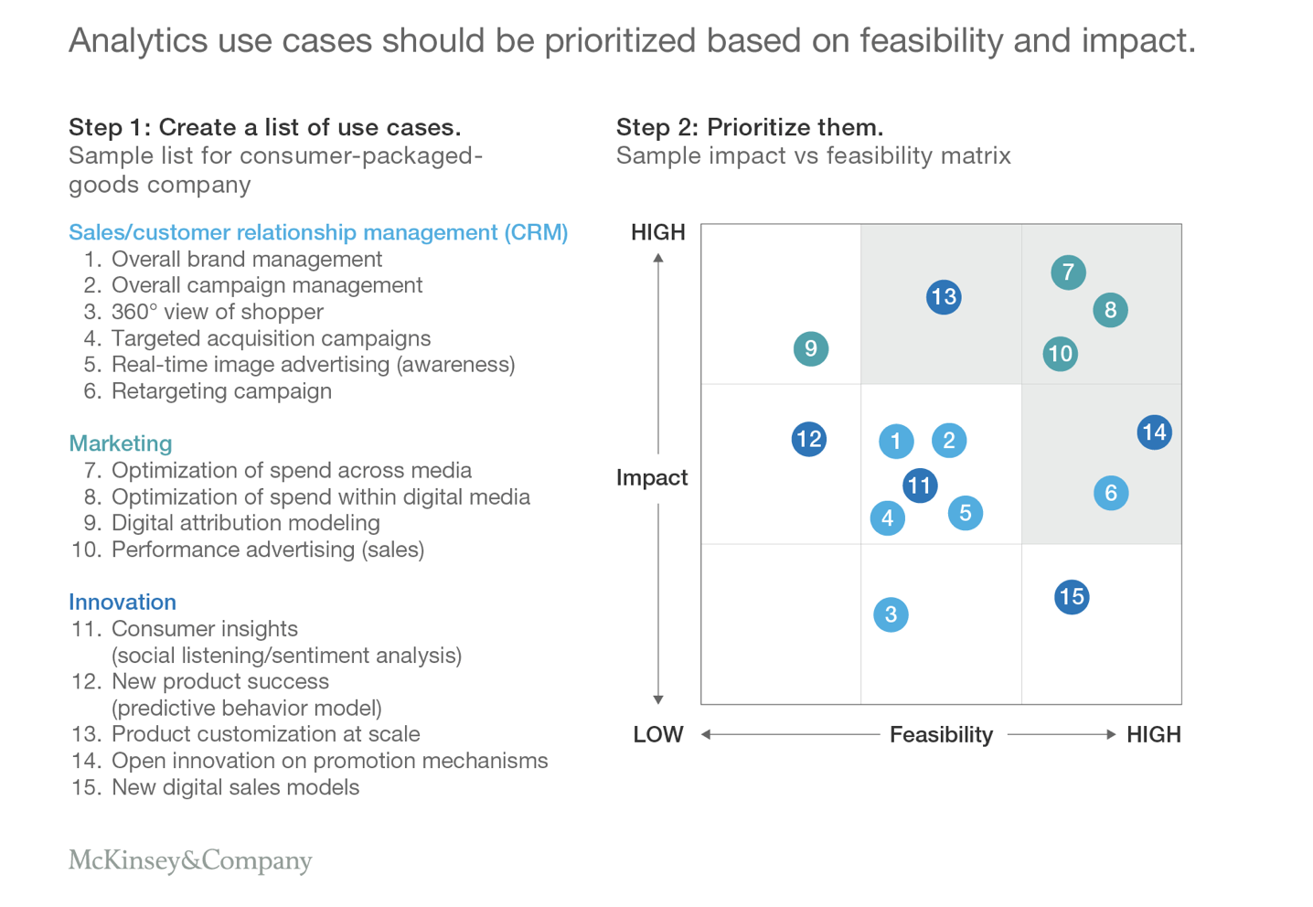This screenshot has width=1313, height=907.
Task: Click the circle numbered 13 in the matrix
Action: tap(944, 296)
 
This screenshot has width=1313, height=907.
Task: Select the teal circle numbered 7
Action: tap(1068, 272)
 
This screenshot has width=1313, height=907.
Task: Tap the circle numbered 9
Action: tap(811, 349)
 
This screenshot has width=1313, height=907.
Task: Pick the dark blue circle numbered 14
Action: tap(1154, 432)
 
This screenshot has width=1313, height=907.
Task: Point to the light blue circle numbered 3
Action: tap(891, 614)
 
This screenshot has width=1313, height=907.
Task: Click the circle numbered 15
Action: tap(1072, 597)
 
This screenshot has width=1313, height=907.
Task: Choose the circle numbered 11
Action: tap(920, 486)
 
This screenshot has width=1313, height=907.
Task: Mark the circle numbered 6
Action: tap(1111, 493)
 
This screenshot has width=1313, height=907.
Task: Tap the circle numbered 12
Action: tap(809, 439)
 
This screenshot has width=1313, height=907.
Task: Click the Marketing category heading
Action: tap(120, 443)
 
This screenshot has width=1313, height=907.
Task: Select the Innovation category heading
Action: tap(122, 602)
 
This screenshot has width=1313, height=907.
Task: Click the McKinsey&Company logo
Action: tap(190, 860)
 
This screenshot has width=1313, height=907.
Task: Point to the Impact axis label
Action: tap(652, 478)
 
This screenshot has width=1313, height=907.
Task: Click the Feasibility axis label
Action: tap(942, 734)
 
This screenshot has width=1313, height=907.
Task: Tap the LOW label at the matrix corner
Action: tap(657, 734)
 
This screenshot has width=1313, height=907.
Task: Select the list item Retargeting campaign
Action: tap(221, 391)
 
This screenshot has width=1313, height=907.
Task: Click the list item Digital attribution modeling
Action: tap(246, 523)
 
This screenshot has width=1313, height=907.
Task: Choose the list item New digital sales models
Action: tap(235, 787)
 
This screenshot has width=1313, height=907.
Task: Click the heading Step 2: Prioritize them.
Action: tap(750, 127)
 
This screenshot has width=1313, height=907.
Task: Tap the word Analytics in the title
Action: tap(138, 41)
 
